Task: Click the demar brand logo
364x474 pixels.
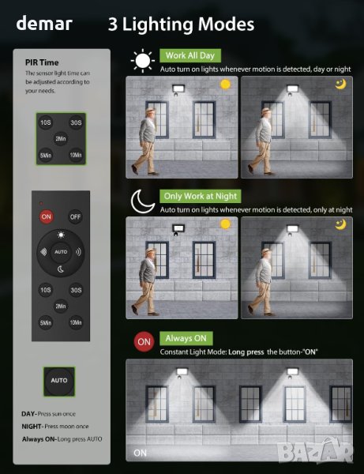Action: point(44,23)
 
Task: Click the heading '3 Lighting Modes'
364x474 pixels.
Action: point(181,24)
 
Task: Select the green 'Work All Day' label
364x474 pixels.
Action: point(190,55)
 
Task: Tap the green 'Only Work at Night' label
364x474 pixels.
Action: point(201,196)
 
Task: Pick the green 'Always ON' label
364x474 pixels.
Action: point(186,338)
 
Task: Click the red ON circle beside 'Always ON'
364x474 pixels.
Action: point(144,342)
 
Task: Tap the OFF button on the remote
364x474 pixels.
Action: point(75,216)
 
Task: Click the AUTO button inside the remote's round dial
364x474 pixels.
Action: point(61,252)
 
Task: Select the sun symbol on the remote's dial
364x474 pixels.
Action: point(61,235)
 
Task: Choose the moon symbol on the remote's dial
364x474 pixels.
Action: point(61,269)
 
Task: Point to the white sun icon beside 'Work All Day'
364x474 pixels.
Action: point(143,61)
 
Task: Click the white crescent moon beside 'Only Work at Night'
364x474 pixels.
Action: point(143,201)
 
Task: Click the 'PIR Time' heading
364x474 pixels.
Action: point(42,62)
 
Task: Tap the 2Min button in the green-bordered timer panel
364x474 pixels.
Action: point(61,139)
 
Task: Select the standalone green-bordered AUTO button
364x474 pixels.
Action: point(59,382)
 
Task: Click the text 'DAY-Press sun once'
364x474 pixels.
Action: point(49,414)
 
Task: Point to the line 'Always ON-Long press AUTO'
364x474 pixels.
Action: point(62,439)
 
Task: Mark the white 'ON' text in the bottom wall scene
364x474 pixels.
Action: point(141,453)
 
